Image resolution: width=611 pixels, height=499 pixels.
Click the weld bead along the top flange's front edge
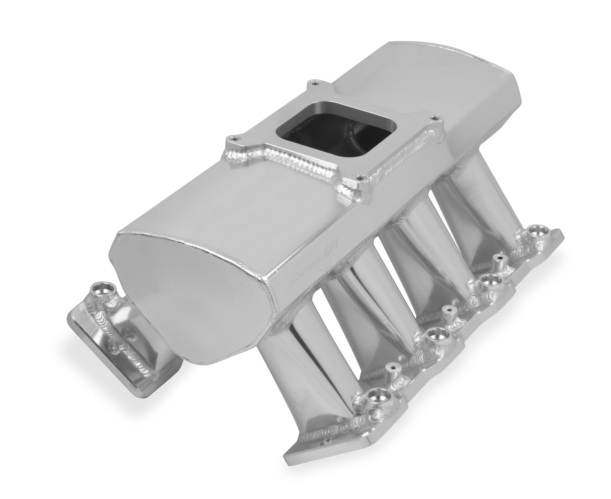point(287,164)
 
